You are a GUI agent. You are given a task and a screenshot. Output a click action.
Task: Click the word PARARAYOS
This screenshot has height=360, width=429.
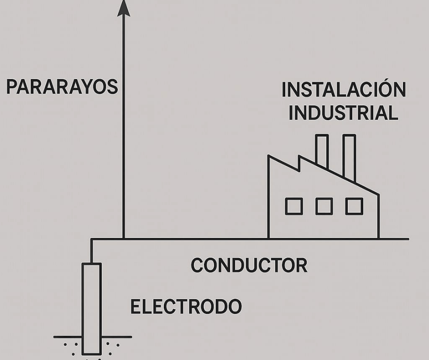(62, 87)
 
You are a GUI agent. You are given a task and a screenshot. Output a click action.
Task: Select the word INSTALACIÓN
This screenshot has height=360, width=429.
(343, 90)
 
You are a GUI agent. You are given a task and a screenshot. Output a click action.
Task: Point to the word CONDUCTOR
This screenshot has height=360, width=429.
(249, 265)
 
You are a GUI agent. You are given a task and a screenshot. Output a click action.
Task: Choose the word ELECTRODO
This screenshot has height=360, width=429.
(186, 307)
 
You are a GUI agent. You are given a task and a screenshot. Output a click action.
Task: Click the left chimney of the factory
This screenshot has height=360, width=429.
(322, 151)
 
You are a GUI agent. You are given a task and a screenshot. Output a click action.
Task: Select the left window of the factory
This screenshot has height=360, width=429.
(294, 206)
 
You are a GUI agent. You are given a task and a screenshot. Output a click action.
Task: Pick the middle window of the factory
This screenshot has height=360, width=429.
(324, 206)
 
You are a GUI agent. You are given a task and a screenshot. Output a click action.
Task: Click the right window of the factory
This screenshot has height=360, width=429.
(354, 206)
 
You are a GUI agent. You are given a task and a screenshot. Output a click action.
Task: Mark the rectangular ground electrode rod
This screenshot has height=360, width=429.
(91, 308)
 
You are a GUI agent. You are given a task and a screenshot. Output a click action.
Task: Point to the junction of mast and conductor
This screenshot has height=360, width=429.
(123, 238)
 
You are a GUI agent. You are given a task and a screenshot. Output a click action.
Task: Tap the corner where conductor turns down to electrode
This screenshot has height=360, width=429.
(92, 239)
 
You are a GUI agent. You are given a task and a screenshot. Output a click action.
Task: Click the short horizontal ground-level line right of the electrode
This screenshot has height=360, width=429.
(116, 337)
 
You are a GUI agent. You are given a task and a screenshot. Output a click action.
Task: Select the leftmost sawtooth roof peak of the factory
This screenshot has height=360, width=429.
(269, 157)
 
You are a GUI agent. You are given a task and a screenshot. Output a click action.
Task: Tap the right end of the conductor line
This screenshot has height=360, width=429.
(408, 238)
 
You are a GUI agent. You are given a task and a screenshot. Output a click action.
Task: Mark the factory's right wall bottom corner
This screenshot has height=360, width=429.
(378, 238)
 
